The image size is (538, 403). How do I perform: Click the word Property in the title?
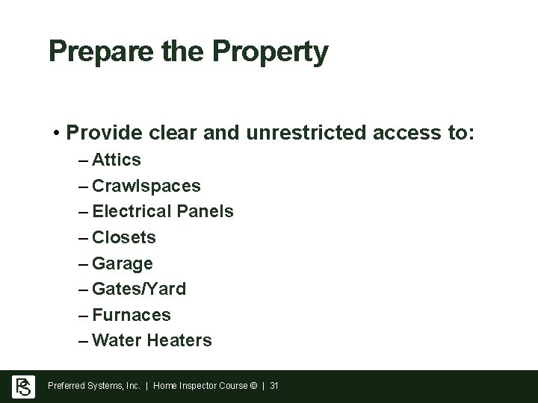pos(270,52)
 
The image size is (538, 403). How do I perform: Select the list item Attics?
pos(117,160)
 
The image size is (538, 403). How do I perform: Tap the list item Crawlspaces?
pos(146,186)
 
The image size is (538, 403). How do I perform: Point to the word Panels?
pos(205,211)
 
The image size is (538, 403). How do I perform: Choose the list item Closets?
pos(124,237)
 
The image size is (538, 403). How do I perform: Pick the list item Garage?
pos(123,263)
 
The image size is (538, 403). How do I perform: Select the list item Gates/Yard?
pos(139,289)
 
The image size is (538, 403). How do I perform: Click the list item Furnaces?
pos(132,315)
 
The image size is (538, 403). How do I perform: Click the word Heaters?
pos(180,340)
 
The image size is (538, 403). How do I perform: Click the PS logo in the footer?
pos(22,386)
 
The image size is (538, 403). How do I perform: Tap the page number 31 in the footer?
pos(273,386)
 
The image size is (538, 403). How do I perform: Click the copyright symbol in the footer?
pos(254,386)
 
